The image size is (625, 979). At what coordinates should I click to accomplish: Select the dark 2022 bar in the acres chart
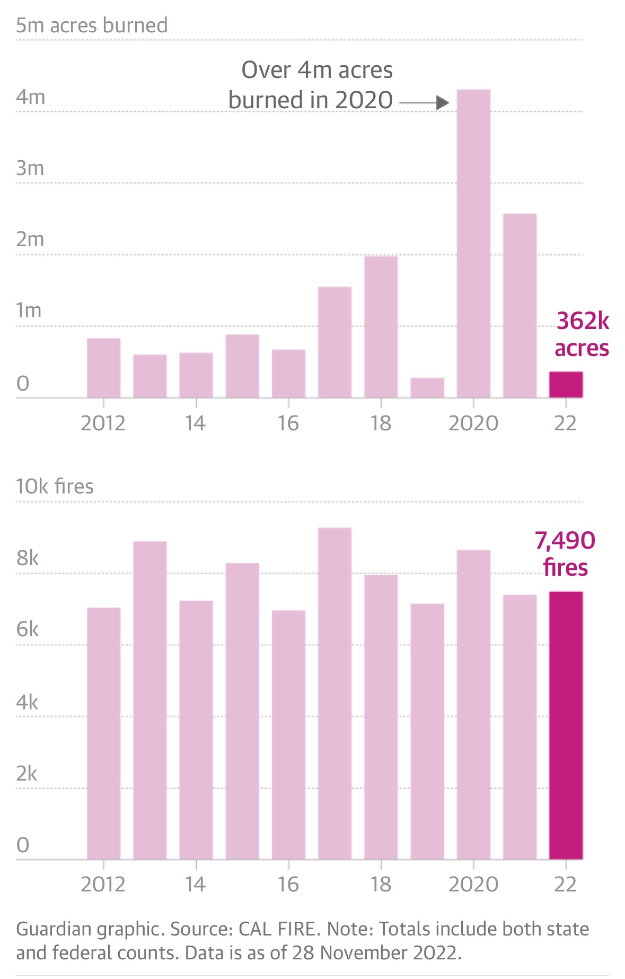point(566,384)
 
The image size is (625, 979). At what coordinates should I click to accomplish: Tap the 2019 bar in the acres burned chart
point(427,387)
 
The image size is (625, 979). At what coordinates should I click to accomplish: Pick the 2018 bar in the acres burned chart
point(381,326)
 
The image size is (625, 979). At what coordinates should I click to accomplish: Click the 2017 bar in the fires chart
point(334,692)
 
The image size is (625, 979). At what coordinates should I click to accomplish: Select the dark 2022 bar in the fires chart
point(566,725)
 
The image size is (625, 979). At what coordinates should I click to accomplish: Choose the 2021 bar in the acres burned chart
point(520,305)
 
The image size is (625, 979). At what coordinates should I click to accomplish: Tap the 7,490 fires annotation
point(565,553)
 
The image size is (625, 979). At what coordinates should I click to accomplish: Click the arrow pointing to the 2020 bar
point(424,102)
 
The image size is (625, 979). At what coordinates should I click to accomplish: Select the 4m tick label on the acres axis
point(30,97)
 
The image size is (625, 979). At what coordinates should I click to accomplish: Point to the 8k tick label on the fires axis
point(28,558)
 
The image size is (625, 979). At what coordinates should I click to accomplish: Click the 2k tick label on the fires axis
point(27,774)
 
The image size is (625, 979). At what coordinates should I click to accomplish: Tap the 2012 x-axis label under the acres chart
point(103,423)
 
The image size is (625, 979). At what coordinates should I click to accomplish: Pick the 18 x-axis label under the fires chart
point(381,885)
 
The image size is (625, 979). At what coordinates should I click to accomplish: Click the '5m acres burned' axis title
point(92,25)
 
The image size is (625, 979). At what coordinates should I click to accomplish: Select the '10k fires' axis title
point(55,486)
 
